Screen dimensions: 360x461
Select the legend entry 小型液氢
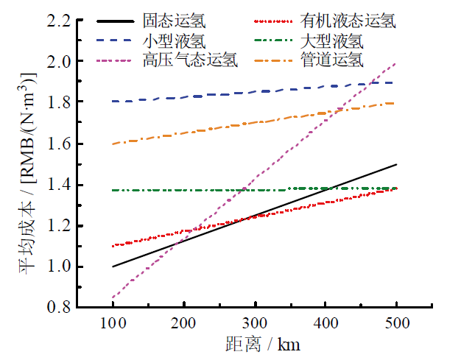click(167, 41)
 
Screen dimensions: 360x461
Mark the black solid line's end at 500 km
click(396, 164)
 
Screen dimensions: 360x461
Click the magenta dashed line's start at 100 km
click(113, 297)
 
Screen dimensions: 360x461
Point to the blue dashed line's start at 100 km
click(113, 102)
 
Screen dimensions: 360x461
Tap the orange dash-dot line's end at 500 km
click(396, 103)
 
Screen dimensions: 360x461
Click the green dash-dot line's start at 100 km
click(113, 190)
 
